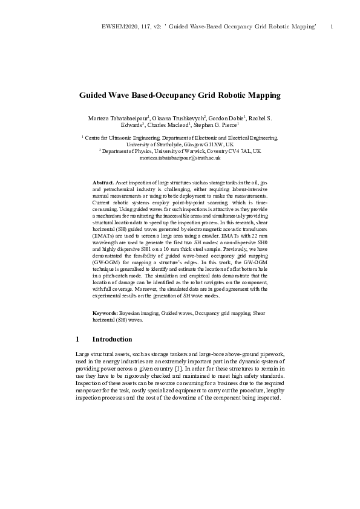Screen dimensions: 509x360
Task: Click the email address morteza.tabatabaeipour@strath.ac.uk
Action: pyautogui.click(x=180, y=157)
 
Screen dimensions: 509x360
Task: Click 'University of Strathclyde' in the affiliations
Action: pyautogui.click(x=160, y=144)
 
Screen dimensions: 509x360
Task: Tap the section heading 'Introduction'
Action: pyautogui.click(x=112, y=339)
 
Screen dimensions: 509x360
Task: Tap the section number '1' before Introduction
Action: pyautogui.click(x=77, y=339)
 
